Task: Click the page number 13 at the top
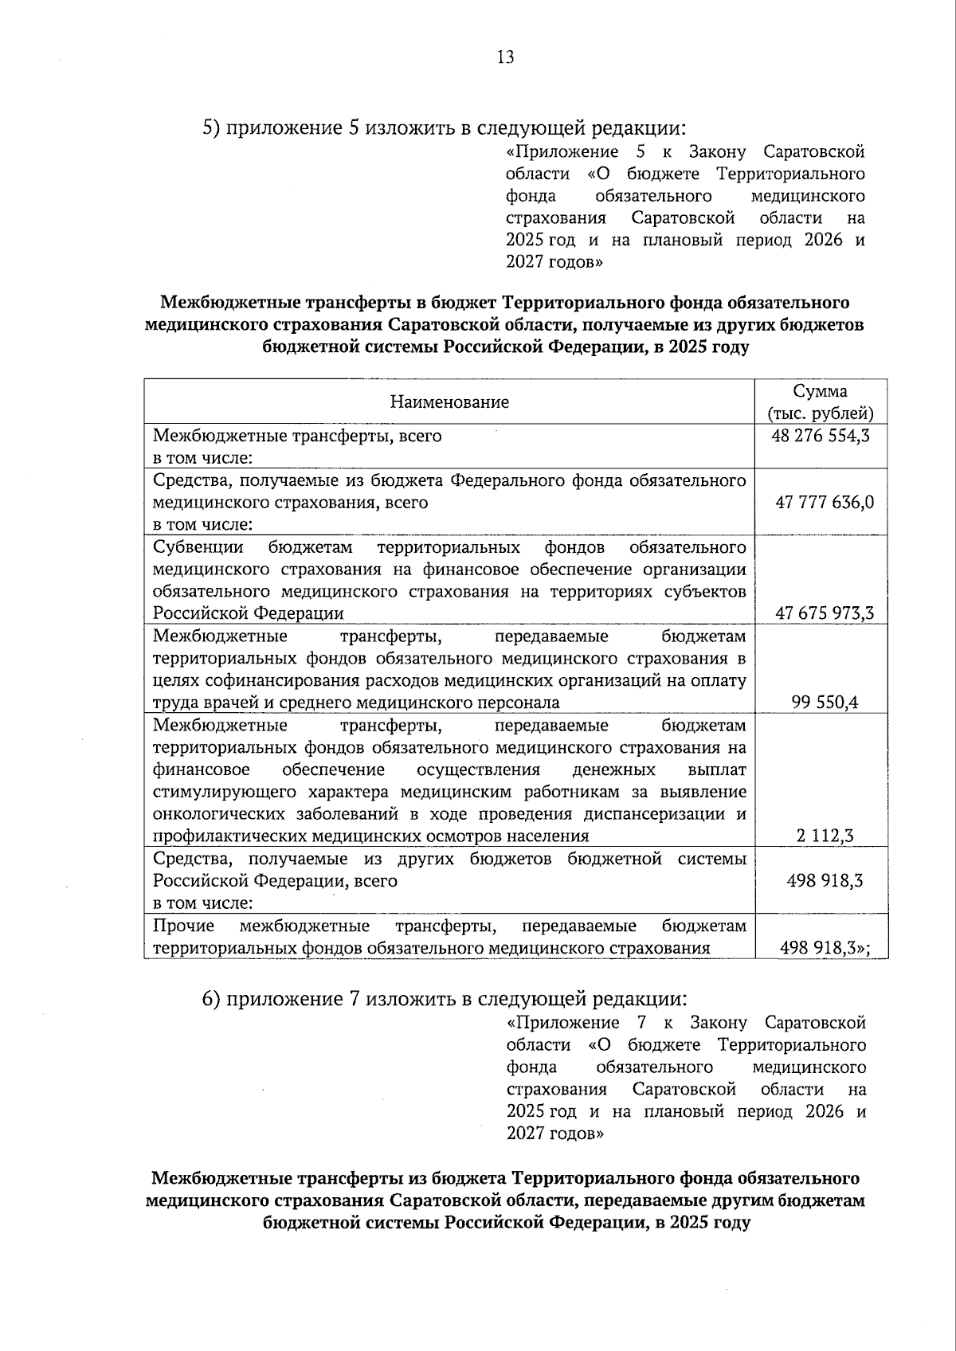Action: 505,57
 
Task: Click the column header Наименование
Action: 449,402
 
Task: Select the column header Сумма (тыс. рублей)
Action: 821,402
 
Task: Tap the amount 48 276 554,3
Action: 821,436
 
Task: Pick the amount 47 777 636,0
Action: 824,502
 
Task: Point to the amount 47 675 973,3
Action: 824,613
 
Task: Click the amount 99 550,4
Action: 825,702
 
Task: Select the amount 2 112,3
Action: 825,835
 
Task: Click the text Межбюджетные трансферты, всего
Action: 297,436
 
